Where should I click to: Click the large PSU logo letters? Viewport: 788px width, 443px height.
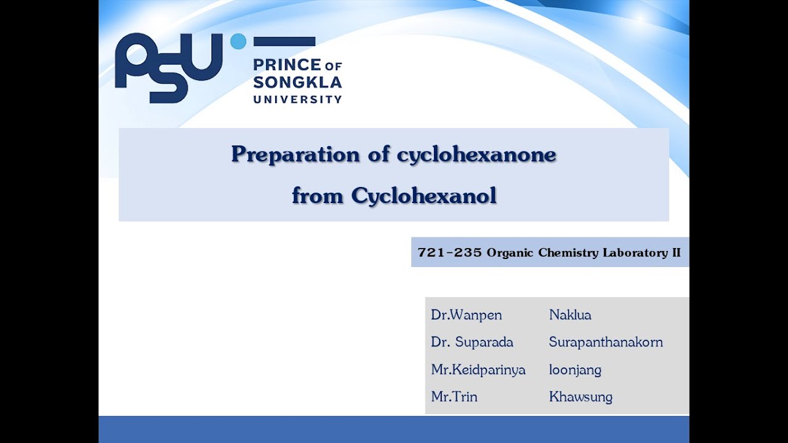167,66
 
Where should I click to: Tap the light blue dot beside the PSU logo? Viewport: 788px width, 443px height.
238,42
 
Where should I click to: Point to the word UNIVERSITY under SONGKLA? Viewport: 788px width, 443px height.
297,99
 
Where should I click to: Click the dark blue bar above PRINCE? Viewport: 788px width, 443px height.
284,42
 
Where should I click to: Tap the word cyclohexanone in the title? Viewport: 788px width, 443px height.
476,154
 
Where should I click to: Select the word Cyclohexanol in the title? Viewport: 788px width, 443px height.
424,196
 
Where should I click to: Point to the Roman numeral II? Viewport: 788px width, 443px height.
676,252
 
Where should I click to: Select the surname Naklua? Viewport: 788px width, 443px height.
570,315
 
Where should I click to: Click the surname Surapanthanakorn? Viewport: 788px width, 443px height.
606,342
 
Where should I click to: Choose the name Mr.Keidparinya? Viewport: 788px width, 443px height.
478,370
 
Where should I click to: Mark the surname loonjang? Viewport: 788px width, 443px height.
575,370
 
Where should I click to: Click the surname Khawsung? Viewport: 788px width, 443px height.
581,397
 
